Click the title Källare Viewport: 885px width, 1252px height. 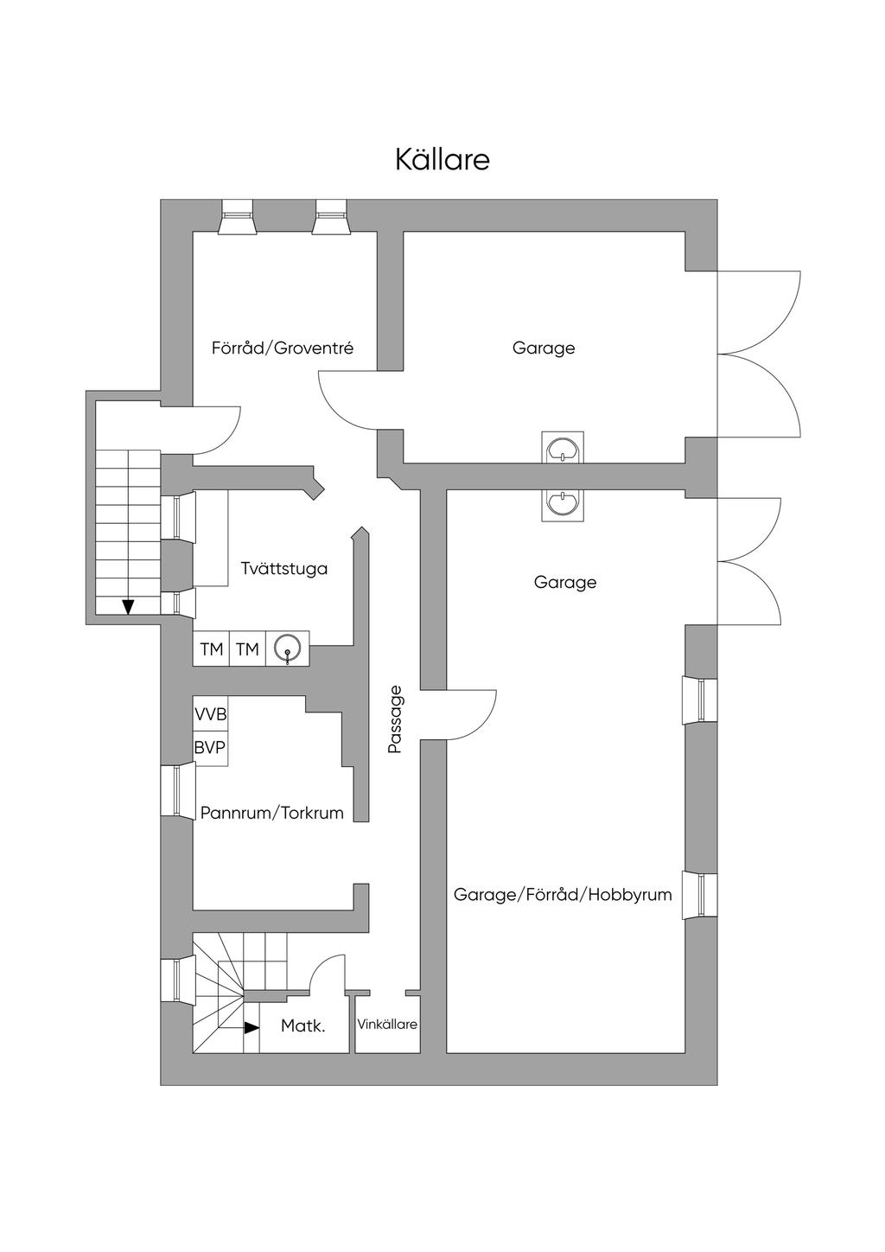[x=442, y=160]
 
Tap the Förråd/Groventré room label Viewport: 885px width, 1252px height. [x=283, y=348]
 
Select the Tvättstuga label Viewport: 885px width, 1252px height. [x=284, y=569]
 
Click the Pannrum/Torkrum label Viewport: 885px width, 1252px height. [x=272, y=813]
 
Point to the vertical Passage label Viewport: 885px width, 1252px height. [x=395, y=719]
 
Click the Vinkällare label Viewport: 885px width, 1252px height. [x=387, y=1025]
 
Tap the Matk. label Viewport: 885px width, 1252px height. [x=303, y=1026]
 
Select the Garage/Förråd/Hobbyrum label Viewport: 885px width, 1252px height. [x=563, y=895]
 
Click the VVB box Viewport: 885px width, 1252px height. [x=211, y=715]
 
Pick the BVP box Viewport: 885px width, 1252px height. [x=210, y=748]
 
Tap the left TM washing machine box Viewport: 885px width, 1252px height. [x=211, y=649]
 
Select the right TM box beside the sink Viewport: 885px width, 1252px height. [x=247, y=649]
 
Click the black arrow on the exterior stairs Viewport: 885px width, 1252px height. [x=128, y=606]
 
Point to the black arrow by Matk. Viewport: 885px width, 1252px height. [x=251, y=1027]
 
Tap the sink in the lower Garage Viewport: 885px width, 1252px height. [x=563, y=504]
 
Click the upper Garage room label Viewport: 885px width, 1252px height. [x=544, y=348]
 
